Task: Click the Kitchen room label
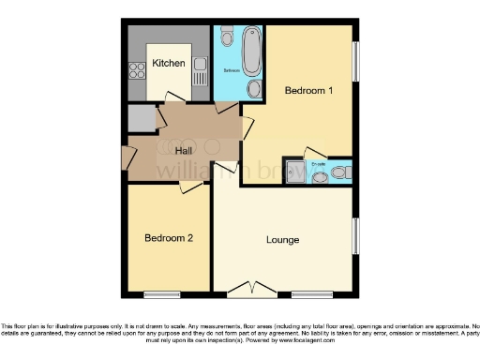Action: pyautogui.click(x=169, y=63)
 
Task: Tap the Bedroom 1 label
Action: pyautogui.click(x=308, y=90)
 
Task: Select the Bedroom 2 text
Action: pyautogui.click(x=169, y=238)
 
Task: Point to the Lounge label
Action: pyautogui.click(x=282, y=240)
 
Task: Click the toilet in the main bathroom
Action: pyautogui.click(x=228, y=37)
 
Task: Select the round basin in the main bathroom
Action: pyautogui.click(x=254, y=89)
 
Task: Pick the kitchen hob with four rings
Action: pyautogui.click(x=136, y=68)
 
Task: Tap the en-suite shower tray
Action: pyautogui.click(x=296, y=172)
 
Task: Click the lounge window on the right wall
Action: pyautogui.click(x=356, y=237)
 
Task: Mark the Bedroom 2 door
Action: pyautogui.click(x=191, y=187)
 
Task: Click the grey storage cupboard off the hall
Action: pyautogui.click(x=141, y=119)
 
